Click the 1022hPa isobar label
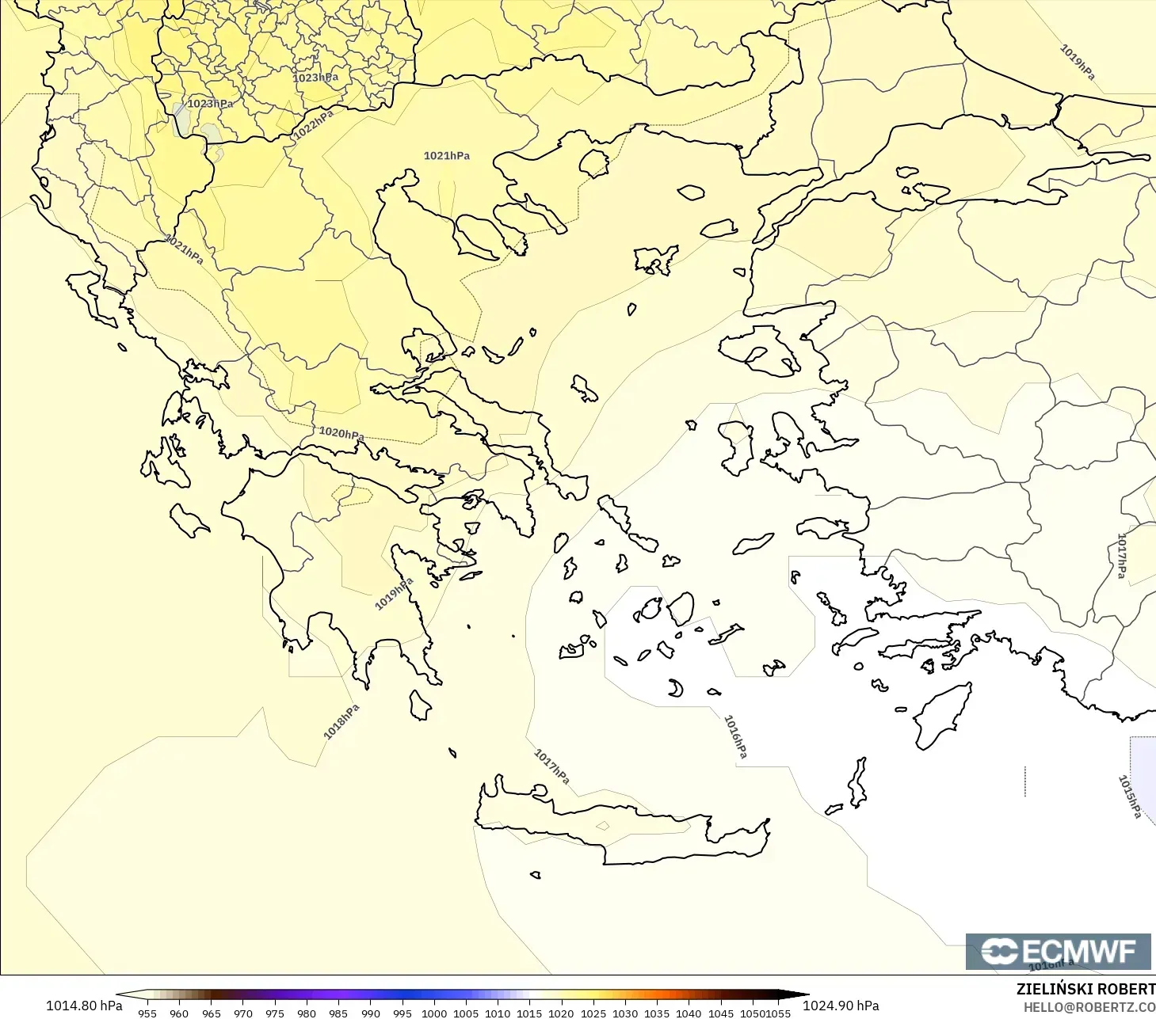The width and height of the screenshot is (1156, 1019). [314, 124]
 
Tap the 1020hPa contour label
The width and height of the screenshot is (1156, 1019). [341, 433]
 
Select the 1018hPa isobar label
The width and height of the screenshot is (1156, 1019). [341, 721]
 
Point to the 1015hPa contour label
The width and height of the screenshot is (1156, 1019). [1129, 796]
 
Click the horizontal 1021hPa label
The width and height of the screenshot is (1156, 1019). [447, 156]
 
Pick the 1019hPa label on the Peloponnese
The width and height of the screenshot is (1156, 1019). [394, 594]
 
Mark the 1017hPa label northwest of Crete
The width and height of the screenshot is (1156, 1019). [551, 766]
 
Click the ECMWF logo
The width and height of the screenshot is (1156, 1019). [1058, 951]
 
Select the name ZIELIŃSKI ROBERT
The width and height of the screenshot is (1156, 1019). [1085, 989]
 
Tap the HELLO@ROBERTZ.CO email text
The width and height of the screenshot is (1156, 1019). [1089, 1007]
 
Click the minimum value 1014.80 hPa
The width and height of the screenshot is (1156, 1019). [84, 1006]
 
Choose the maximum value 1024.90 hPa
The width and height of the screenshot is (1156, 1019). [841, 1006]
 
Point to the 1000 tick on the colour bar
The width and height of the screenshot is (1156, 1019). [434, 1013]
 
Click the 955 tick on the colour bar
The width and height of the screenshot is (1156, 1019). [147, 1013]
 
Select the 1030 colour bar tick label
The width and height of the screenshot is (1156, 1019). [625, 1013]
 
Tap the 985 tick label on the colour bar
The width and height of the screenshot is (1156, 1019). [338, 1013]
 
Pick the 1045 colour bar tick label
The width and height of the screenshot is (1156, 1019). [721, 1013]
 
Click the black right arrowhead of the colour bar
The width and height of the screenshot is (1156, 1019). [796, 995]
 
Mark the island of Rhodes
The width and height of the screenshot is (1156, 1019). [943, 715]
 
